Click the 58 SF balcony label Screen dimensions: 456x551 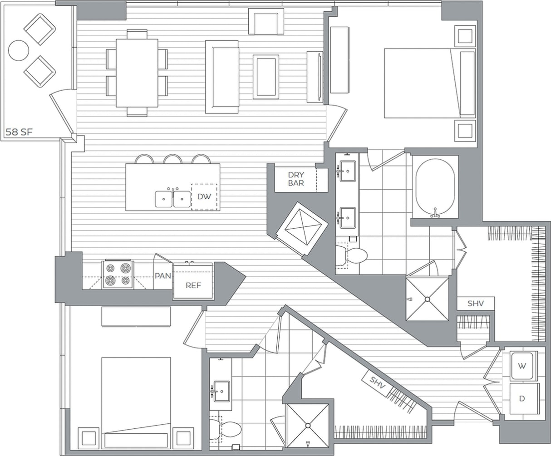[x=20, y=132]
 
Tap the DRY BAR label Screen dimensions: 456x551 [x=296, y=179]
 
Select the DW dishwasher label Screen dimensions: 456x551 [x=204, y=196]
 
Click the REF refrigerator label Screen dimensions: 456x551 [x=193, y=285]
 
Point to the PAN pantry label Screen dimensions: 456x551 [x=162, y=275]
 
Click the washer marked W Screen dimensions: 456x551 [x=522, y=366]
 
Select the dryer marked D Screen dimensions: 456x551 [x=522, y=399]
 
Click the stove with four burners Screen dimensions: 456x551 [x=118, y=275]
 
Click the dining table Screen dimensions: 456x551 [x=137, y=73]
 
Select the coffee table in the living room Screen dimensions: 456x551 [x=266, y=76]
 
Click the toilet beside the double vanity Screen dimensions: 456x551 [x=354, y=256]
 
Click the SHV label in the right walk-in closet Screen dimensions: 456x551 [x=475, y=304]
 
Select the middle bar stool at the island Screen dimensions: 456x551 [x=173, y=159]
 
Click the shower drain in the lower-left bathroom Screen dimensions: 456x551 [x=307, y=426]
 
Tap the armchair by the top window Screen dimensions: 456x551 [x=266, y=23]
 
